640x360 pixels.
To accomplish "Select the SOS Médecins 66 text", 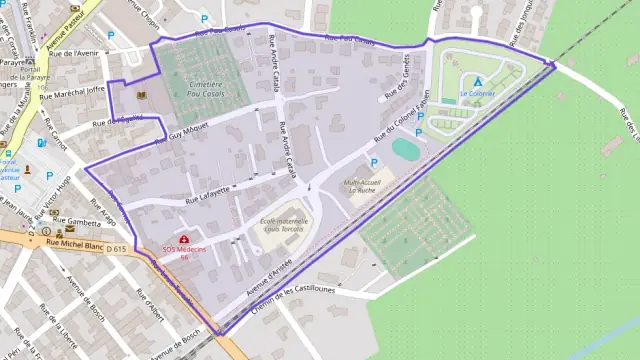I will (185, 252).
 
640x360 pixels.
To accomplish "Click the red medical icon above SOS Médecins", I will (184, 240).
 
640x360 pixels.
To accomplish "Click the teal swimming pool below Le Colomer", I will (406, 149).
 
